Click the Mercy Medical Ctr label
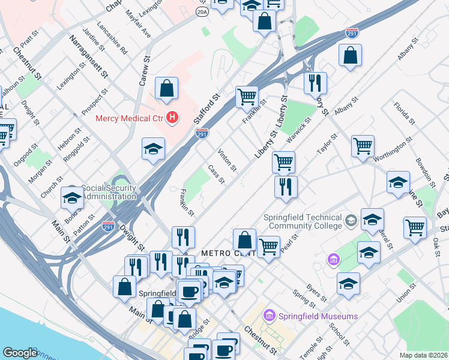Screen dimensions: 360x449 click(130, 116)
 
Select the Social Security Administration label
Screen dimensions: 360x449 click(109, 192)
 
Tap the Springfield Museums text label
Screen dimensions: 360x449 click(317, 316)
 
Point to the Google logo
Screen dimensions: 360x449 click(20, 353)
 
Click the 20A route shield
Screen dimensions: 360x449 click(202, 11)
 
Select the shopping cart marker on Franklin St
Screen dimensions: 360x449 click(247, 95)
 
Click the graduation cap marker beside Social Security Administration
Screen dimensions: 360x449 click(72, 197)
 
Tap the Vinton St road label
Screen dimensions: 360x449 click(228, 160)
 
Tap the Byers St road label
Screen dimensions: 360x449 click(316, 293)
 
